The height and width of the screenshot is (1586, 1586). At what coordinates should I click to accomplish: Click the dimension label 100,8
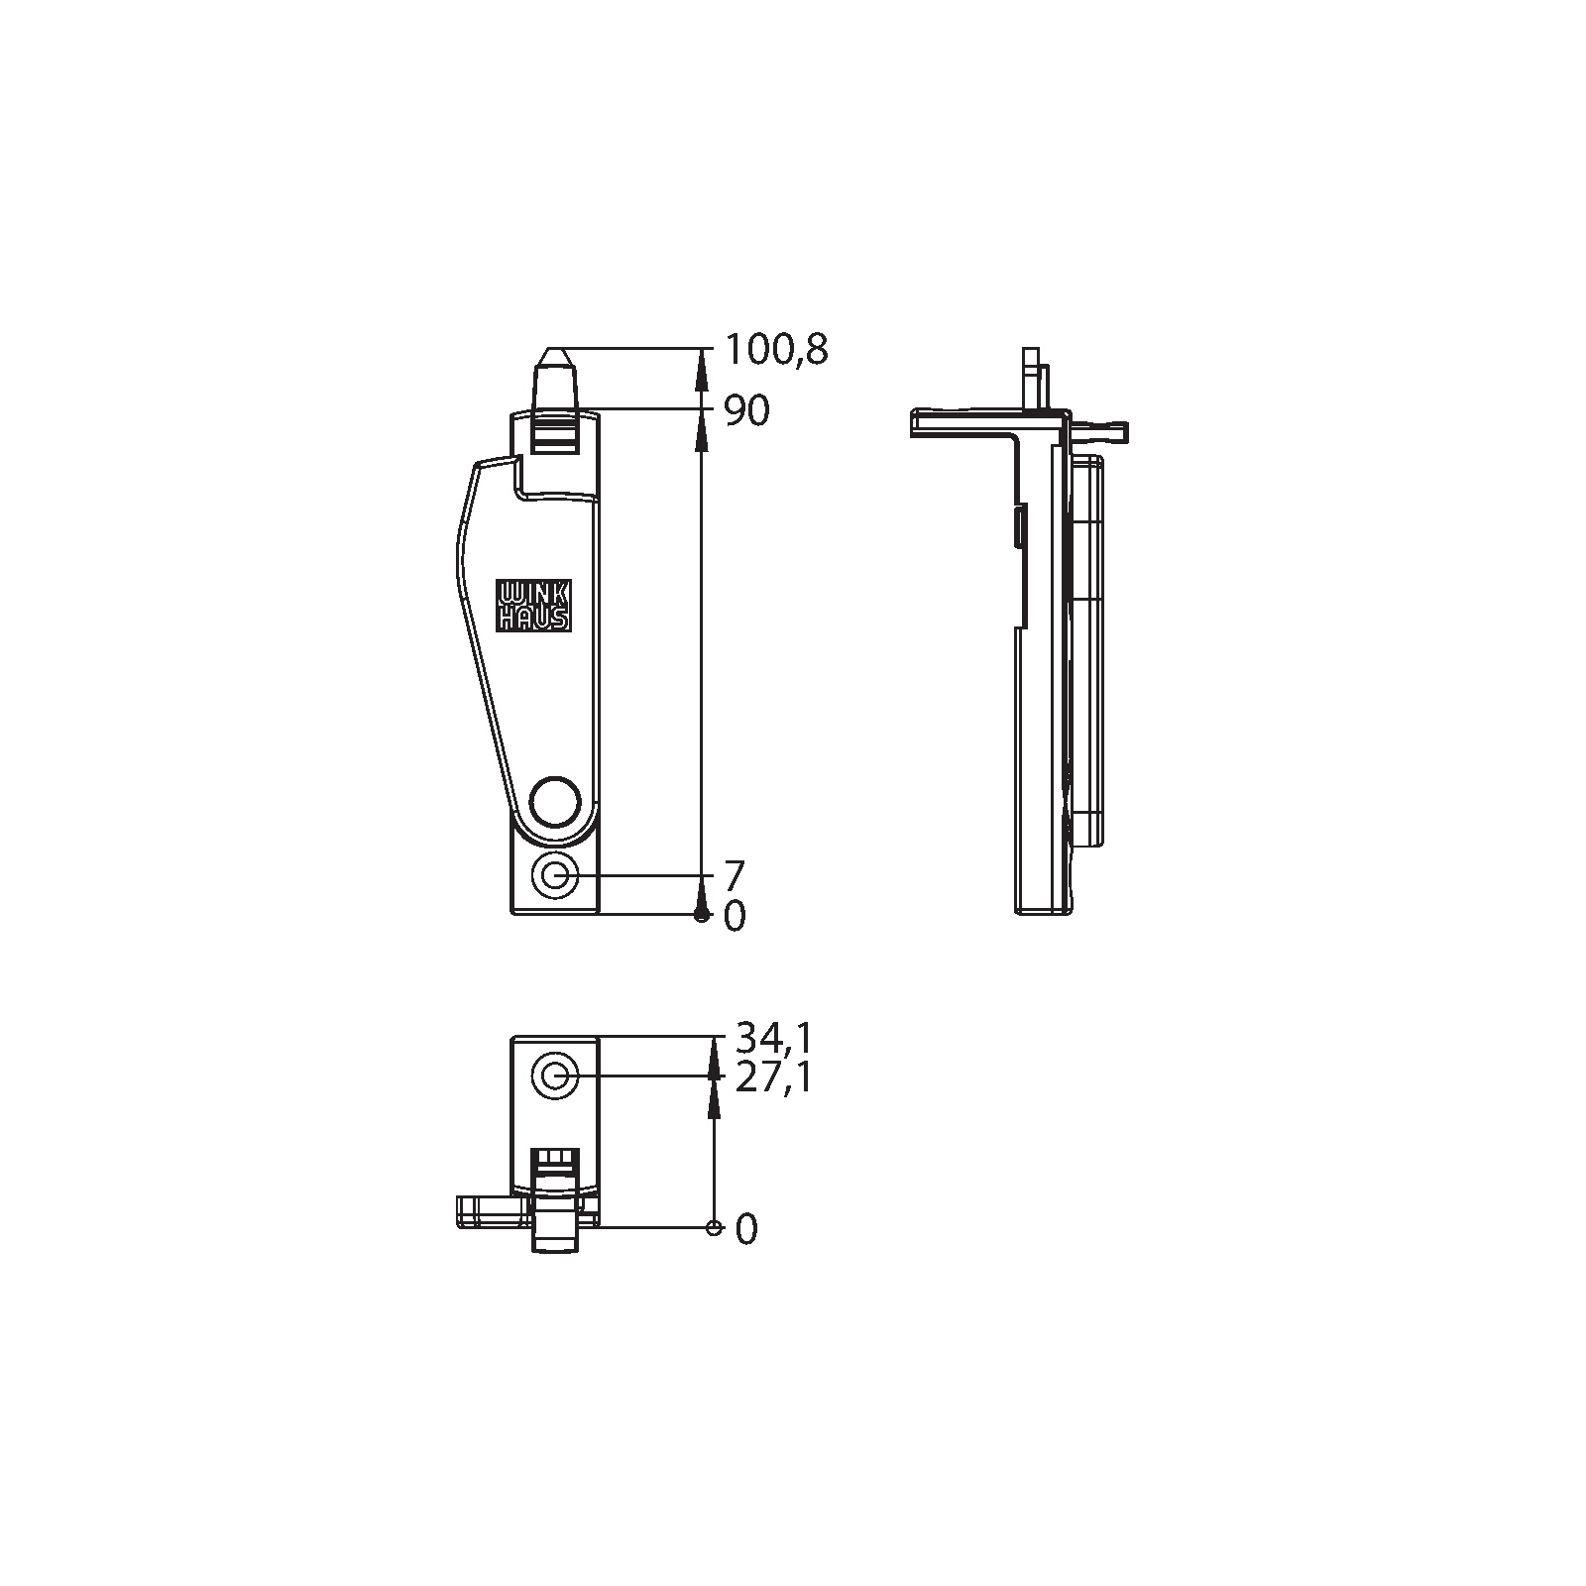click(x=776, y=350)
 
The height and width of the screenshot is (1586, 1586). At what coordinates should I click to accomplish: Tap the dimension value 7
click(x=735, y=876)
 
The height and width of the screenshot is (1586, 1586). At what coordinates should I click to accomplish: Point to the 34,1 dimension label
click(x=773, y=1038)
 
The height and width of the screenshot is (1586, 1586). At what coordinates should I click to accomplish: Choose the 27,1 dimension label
click(x=773, y=1076)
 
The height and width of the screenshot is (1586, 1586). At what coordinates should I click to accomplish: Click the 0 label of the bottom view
click(x=746, y=1230)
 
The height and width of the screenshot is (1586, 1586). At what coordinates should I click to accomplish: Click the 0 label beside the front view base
click(x=735, y=917)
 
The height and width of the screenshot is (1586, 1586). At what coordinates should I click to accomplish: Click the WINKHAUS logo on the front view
click(x=533, y=606)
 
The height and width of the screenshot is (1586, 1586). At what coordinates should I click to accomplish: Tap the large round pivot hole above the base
click(x=555, y=799)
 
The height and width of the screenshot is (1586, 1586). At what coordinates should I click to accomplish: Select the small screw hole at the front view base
click(x=555, y=876)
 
